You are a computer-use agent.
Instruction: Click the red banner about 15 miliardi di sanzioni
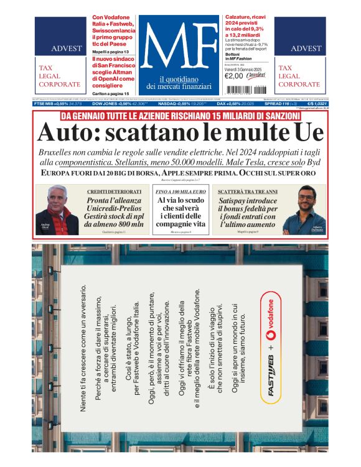(180, 116)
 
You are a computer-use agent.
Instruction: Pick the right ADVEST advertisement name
(306, 49)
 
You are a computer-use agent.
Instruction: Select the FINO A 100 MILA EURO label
(180, 192)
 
